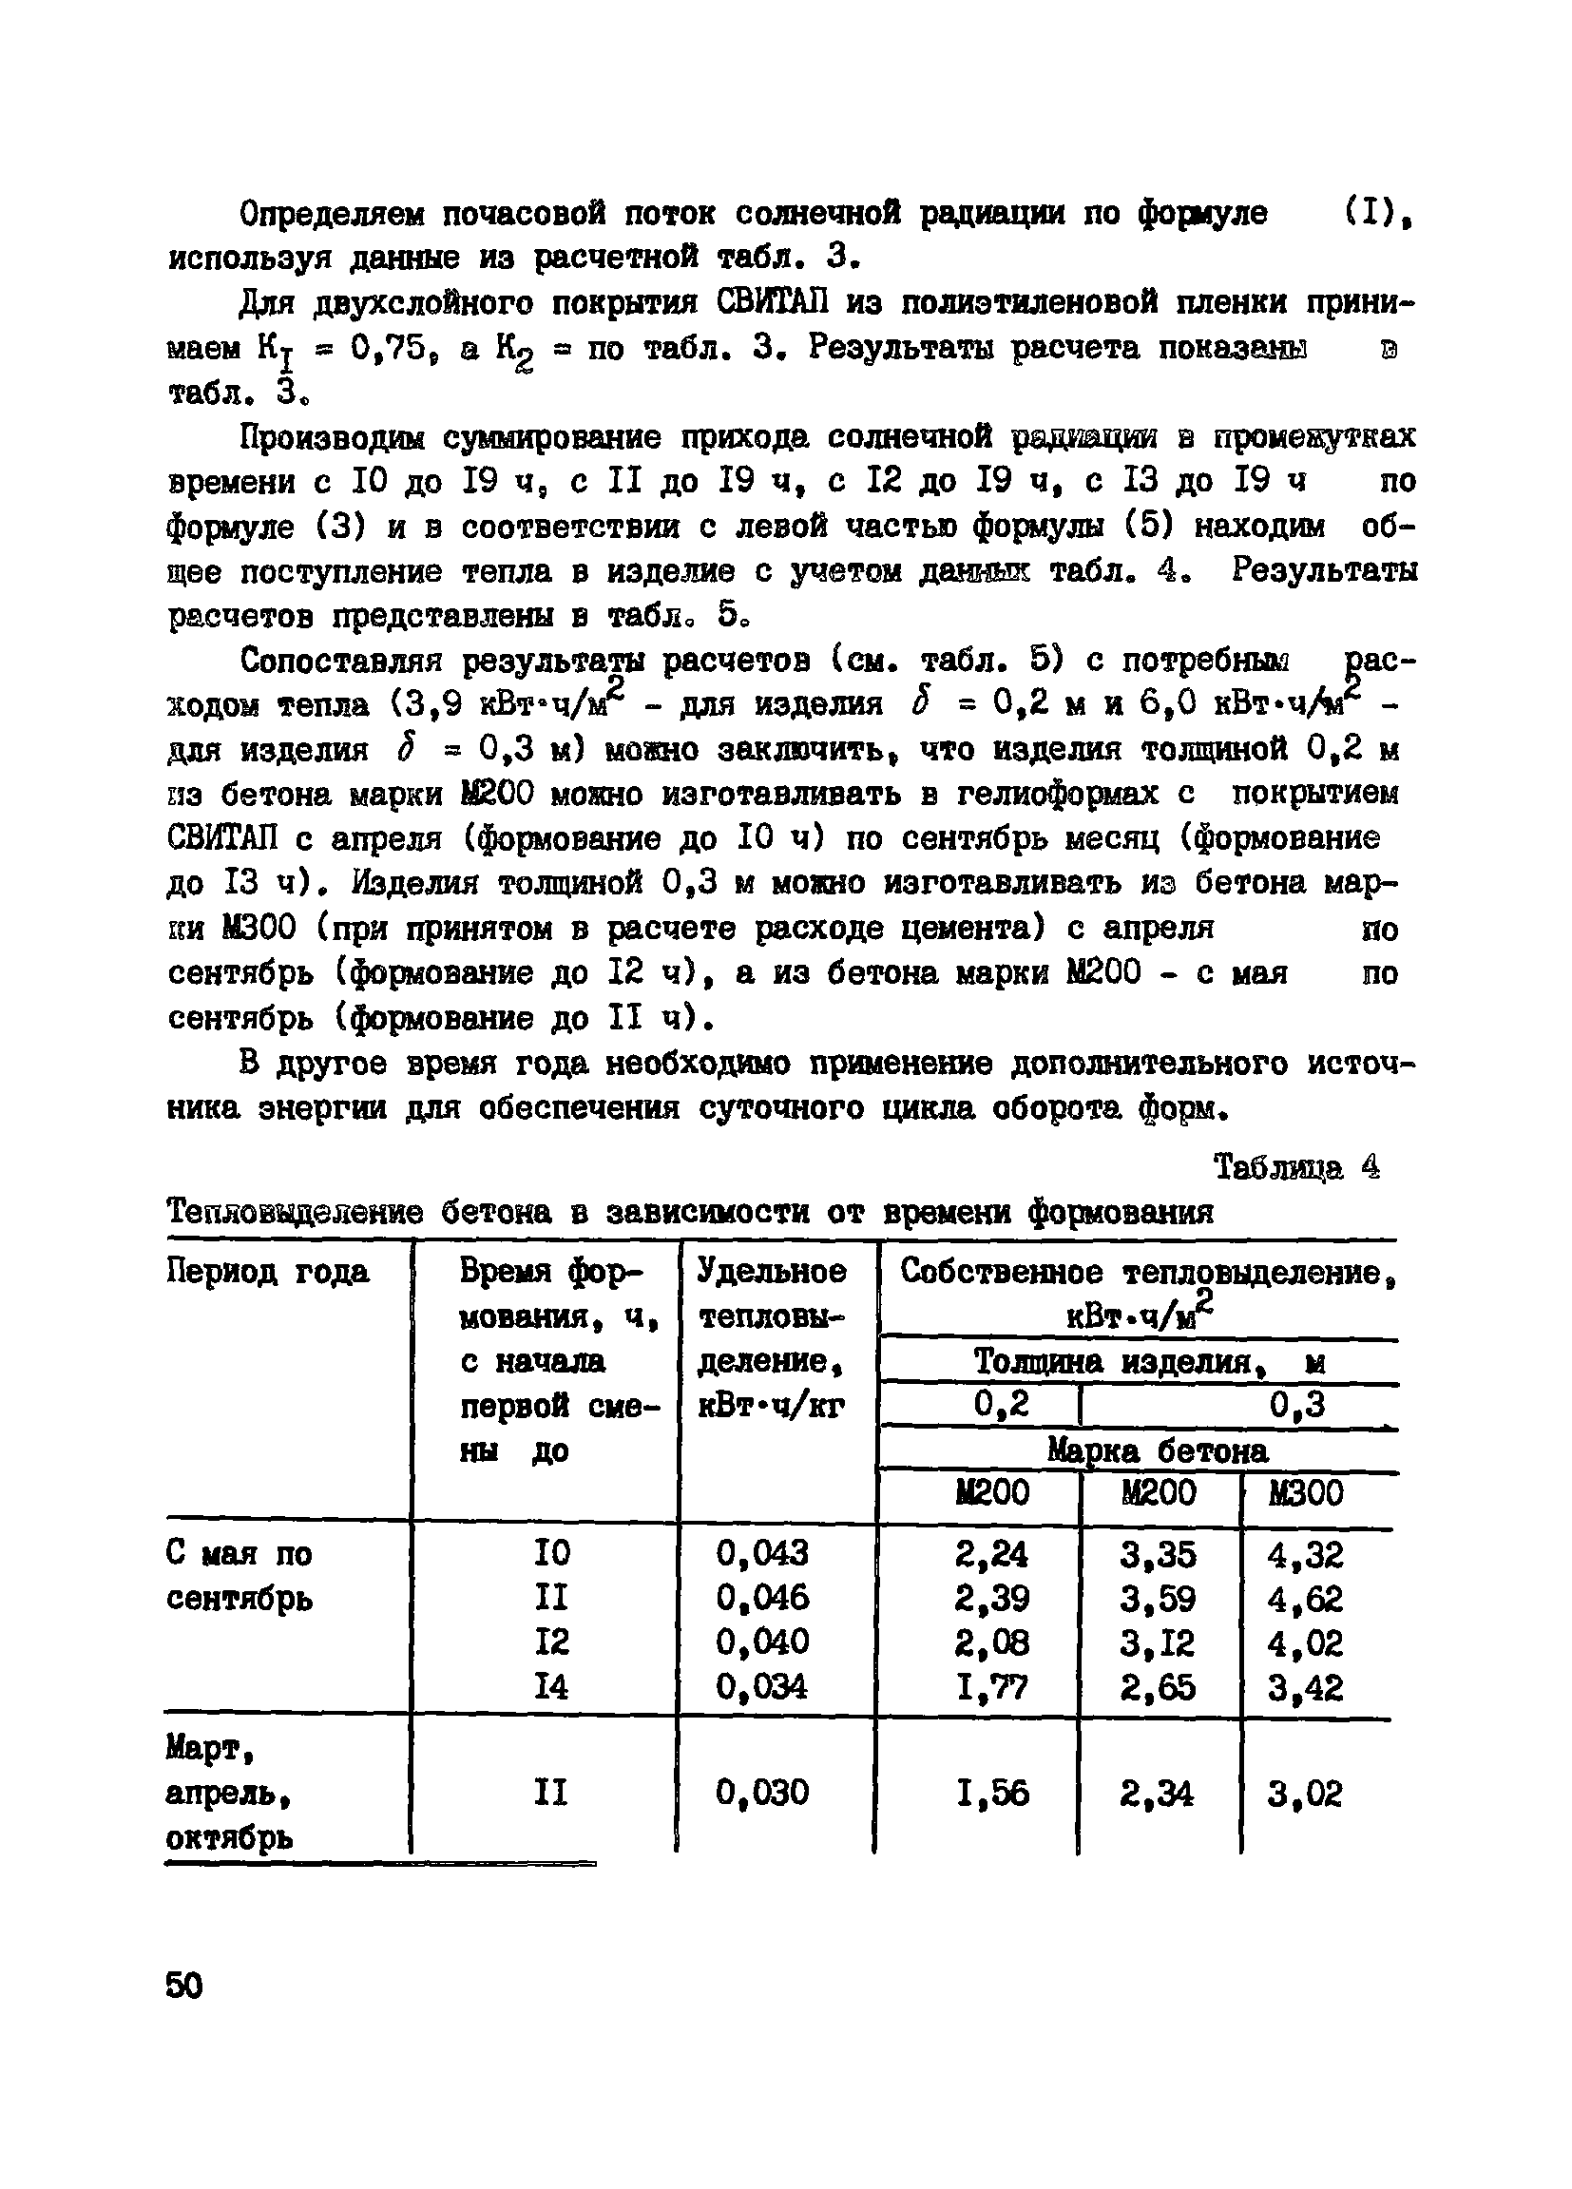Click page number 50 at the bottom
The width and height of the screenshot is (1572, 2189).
[x=184, y=1987]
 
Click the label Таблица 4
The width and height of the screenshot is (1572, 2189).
[x=1295, y=1169]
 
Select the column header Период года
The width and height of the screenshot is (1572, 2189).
[x=267, y=1272]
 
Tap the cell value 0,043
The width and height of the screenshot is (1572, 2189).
[x=762, y=1553]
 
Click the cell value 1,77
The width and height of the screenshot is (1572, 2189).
[x=991, y=1688]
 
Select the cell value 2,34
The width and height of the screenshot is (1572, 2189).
[x=1157, y=1795]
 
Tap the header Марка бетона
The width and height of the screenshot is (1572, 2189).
[x=1158, y=1450]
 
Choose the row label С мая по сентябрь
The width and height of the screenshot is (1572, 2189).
[x=240, y=1576]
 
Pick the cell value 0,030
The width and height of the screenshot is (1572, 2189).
[x=762, y=1793]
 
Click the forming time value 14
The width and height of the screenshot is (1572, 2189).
[x=552, y=1687]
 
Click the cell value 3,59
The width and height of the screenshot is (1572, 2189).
[x=1157, y=1600]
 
